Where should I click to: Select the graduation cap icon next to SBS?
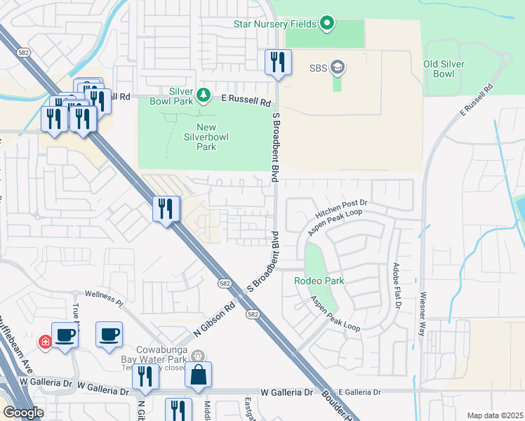(x=338, y=67)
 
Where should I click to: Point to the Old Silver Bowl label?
(x=448, y=69)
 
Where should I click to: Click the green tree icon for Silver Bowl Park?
(x=203, y=93)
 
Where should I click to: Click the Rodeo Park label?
(x=322, y=280)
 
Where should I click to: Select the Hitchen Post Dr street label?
(x=341, y=207)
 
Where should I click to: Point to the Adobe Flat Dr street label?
(x=397, y=286)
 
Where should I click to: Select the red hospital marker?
(x=46, y=342)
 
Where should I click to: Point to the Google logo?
(x=22, y=413)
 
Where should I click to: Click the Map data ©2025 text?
(x=494, y=415)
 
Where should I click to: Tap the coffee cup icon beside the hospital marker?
(x=65, y=335)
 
